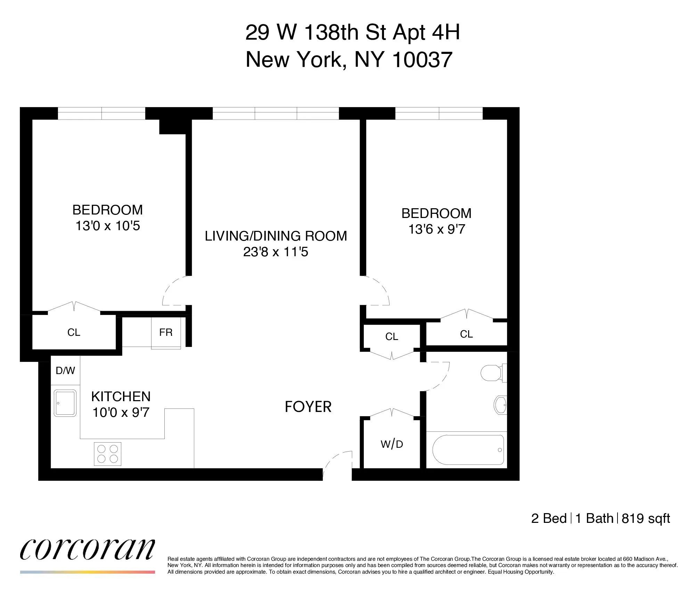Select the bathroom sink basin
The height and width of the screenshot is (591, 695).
pyautogui.click(x=500, y=405)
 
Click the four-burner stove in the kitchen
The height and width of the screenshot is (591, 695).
pyautogui.click(x=108, y=454)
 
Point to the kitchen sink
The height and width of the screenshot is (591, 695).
pyautogui.click(x=65, y=403)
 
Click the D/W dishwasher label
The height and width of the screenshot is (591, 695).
pyautogui.click(x=65, y=371)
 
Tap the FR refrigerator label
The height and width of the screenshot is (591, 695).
pyautogui.click(x=166, y=333)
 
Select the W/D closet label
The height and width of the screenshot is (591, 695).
pyautogui.click(x=392, y=444)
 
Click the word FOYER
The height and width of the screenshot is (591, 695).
pyautogui.click(x=308, y=407)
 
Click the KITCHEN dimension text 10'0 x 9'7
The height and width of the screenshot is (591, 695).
pyautogui.click(x=121, y=413)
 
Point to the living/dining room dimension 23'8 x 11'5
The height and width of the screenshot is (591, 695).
pyautogui.click(x=276, y=252)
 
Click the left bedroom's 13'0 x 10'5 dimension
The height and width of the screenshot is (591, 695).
pyautogui.click(x=108, y=226)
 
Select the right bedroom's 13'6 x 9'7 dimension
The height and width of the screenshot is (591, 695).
pyautogui.click(x=436, y=229)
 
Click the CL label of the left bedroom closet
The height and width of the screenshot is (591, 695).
pyautogui.click(x=74, y=333)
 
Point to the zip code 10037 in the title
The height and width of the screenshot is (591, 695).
pyautogui.click(x=422, y=59)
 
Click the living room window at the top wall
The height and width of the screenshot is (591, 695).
pyautogui.click(x=276, y=113)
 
